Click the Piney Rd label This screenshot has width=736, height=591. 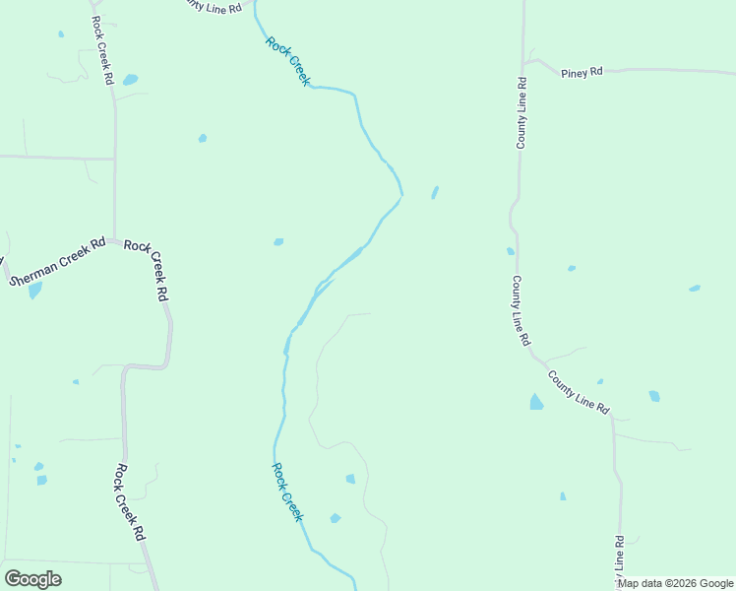coord(582,73)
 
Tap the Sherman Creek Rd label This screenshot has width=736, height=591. coord(57,263)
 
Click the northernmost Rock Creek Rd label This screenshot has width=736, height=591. coord(102,50)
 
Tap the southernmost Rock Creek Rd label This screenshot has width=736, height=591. coord(130,502)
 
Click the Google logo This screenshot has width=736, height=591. coord(32,579)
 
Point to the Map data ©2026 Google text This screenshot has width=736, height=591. coord(675,583)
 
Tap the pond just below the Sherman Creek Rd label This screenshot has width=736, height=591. coord(35,291)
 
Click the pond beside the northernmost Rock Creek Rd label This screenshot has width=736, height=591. coord(130,80)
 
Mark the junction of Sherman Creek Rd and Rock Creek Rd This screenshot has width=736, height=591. coord(115,239)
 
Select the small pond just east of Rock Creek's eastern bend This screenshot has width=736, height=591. coord(434,192)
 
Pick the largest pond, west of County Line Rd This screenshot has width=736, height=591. coord(536,402)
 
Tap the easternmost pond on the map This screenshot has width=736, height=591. coord(695,289)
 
